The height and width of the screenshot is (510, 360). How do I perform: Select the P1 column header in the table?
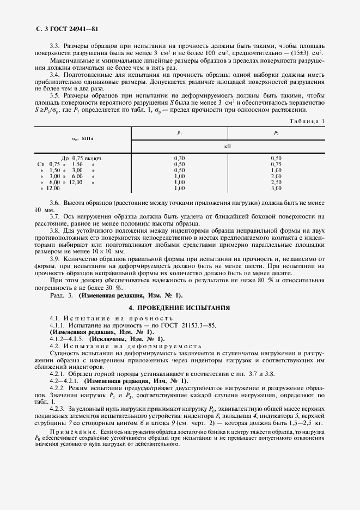180,133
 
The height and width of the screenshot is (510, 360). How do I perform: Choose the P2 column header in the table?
276,133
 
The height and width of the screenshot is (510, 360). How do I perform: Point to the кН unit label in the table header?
228,146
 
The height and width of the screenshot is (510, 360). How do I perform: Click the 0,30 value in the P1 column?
180,158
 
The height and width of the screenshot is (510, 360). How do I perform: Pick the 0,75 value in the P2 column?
276,163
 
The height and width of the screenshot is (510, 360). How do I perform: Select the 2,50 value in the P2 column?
276,182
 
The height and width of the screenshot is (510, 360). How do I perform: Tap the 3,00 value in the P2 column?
276,188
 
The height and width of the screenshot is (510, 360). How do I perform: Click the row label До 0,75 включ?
82,158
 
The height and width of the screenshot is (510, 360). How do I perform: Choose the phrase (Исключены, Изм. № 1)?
124,339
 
